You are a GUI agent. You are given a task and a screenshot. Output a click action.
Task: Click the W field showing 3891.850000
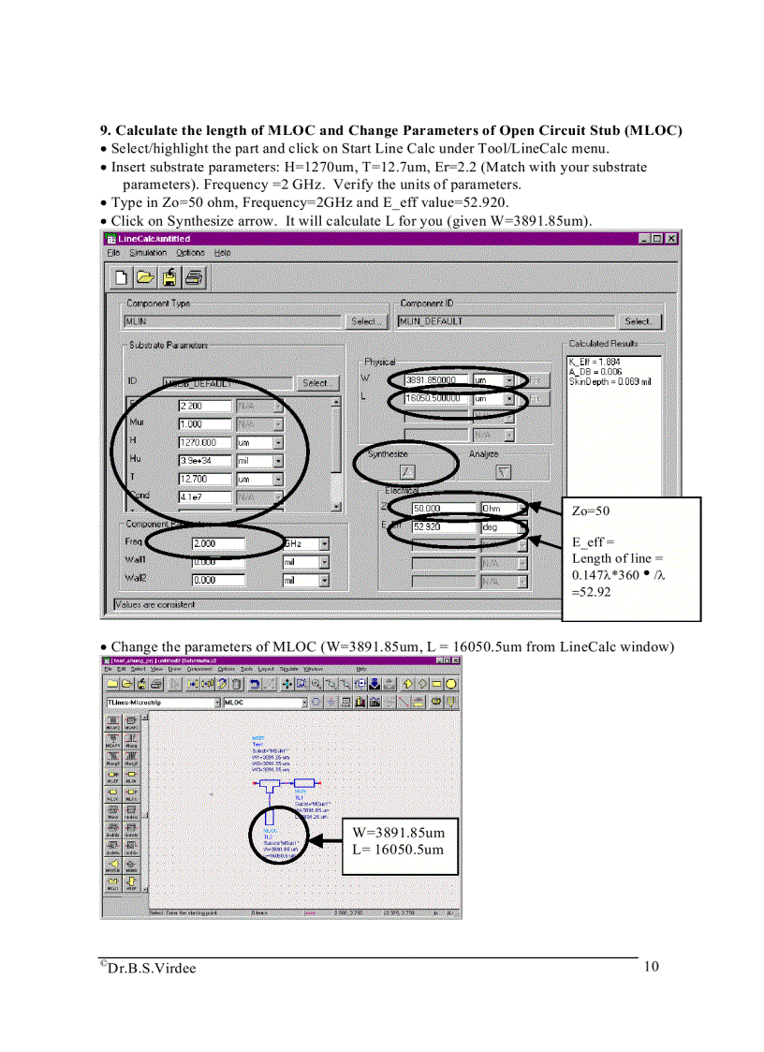click(435, 380)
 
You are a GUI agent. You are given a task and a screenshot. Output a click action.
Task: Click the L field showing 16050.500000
click(435, 399)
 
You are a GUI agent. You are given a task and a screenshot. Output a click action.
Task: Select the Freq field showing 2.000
click(217, 543)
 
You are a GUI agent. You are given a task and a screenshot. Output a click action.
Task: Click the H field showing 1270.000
click(203, 442)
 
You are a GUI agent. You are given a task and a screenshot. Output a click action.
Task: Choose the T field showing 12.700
click(203, 479)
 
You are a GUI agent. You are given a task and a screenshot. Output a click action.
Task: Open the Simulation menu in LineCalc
click(148, 253)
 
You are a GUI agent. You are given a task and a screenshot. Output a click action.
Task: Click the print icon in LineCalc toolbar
click(194, 277)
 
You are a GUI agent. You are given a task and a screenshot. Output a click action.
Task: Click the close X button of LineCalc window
click(671, 239)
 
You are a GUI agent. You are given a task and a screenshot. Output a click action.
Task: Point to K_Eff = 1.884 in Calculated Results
click(595, 361)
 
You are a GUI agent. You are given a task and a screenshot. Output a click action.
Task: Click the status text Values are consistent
click(155, 605)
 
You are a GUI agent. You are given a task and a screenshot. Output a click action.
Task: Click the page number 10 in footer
click(652, 967)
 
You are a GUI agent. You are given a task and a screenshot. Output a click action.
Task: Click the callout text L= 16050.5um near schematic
click(398, 850)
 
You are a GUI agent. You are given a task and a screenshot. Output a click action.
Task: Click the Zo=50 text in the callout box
click(590, 511)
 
